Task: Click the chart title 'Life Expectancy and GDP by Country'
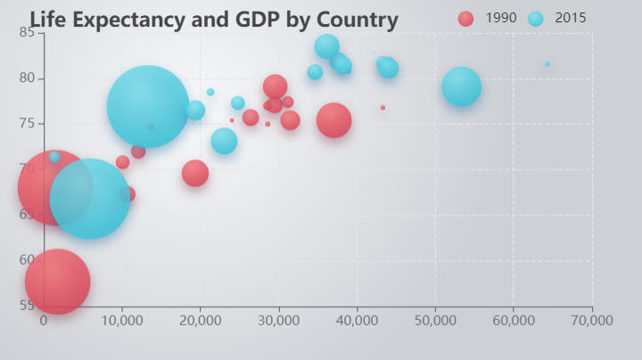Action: click(214, 20)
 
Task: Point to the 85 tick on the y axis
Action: click(26, 33)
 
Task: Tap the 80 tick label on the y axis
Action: click(26, 78)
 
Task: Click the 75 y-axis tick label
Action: click(26, 124)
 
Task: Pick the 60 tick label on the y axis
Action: click(26, 259)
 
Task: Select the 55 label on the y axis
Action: click(26, 305)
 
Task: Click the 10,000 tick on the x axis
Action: click(122, 320)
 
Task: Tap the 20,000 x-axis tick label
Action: click(201, 320)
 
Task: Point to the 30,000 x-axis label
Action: click(279, 320)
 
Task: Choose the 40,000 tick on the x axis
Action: click(358, 320)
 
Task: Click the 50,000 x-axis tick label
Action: click(436, 320)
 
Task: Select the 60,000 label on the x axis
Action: click(514, 320)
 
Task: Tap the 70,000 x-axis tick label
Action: click(592, 320)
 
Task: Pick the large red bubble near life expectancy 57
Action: click(57, 281)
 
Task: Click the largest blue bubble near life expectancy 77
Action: click(148, 106)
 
